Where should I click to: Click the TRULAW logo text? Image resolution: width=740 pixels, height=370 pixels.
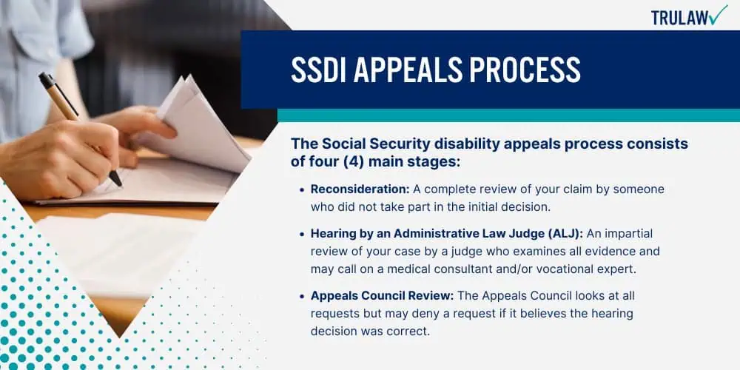pyautogui.click(x=679, y=18)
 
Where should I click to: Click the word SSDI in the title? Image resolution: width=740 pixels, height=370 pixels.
pyautogui.click(x=317, y=70)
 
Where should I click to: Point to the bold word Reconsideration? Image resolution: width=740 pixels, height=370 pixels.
pyautogui.click(x=360, y=189)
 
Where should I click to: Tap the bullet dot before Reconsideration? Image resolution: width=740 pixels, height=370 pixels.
pyautogui.click(x=302, y=189)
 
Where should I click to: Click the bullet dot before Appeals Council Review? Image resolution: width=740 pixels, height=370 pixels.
pyautogui.click(x=302, y=297)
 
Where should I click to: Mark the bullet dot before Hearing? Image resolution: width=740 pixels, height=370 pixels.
pyautogui.click(x=302, y=234)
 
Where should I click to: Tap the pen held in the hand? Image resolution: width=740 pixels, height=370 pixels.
pyautogui.click(x=80, y=128)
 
